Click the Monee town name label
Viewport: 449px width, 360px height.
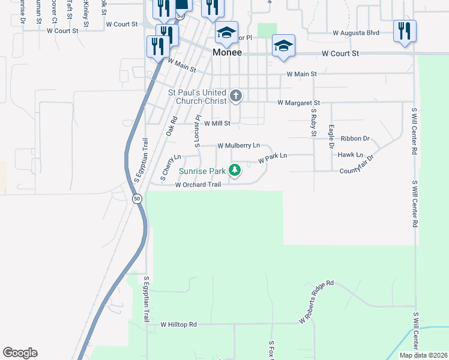point(228,53)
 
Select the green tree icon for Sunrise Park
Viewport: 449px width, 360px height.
point(235,170)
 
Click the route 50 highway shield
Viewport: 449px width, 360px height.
point(137,199)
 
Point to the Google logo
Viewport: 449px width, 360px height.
point(20,353)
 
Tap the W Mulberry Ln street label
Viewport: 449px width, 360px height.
point(238,146)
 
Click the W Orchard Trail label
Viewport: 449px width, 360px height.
point(198,185)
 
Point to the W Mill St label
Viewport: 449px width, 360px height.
point(218,124)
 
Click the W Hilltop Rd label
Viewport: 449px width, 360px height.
point(178,325)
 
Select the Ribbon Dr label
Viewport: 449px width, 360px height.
point(355,139)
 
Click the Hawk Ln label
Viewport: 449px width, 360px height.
point(351,155)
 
